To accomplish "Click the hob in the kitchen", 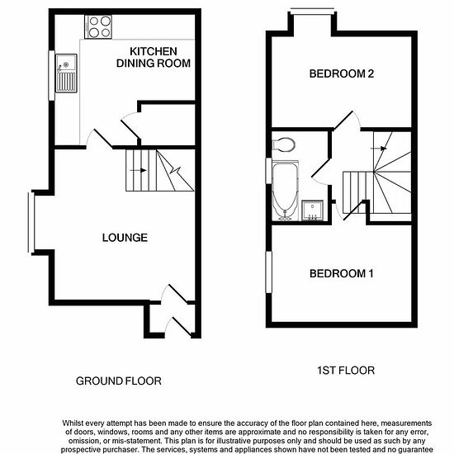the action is (x=98, y=27).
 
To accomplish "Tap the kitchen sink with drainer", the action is (x=66, y=73).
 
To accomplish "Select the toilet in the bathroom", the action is (x=284, y=144).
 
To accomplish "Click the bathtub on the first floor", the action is (x=286, y=190).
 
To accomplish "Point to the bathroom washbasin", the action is (x=312, y=210).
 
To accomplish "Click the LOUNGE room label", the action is (x=125, y=238).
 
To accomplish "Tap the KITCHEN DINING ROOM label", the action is (x=154, y=57).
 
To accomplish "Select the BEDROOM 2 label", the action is (x=342, y=73).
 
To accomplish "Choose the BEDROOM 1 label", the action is (x=342, y=273).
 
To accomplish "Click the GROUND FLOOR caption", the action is (x=119, y=381).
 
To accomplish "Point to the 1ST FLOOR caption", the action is (x=346, y=371).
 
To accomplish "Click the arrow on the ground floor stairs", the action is (x=138, y=170).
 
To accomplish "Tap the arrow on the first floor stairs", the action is (x=379, y=149).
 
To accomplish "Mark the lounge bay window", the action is (x=31, y=222).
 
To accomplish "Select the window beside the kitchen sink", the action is (x=51, y=76).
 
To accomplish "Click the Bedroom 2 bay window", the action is (x=312, y=11).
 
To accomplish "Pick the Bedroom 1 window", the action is (x=269, y=272).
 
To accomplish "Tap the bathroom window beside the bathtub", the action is (x=269, y=171).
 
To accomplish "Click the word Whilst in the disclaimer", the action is (x=73, y=423).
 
